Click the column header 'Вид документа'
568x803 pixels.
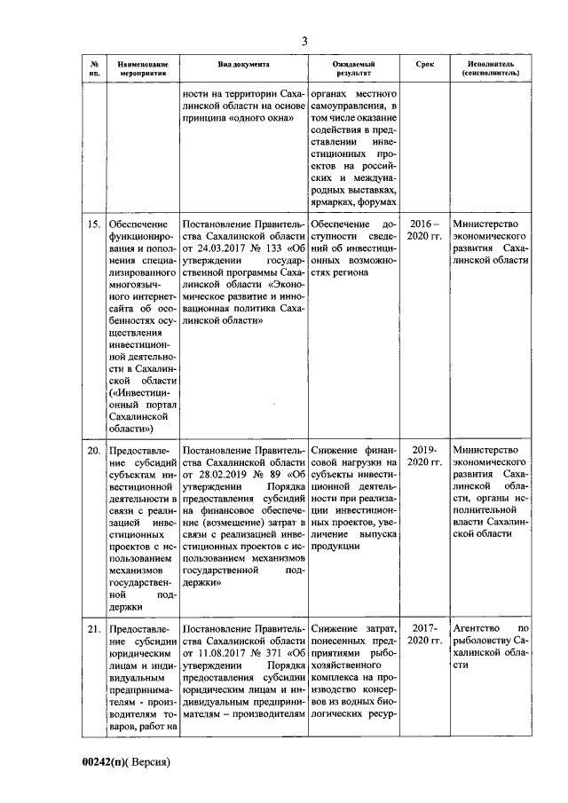tap(244, 66)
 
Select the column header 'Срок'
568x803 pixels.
tap(424, 66)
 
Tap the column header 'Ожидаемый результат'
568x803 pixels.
tap(354, 70)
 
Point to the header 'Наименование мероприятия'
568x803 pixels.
tap(142, 70)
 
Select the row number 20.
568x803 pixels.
tap(93, 451)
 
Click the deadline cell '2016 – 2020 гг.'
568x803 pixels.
tap(424, 232)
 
